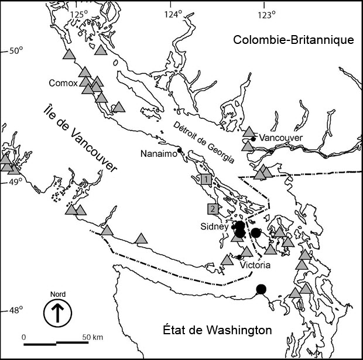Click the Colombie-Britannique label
click(x=293, y=40)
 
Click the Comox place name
click(x=63, y=83)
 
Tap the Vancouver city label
click(x=281, y=138)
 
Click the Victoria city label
click(x=255, y=265)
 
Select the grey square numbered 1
click(x=206, y=179)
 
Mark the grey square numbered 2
click(x=213, y=208)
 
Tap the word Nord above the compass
click(x=57, y=294)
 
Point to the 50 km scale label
click(x=92, y=337)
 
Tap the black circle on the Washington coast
click(x=261, y=289)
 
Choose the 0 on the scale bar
click(x=24, y=337)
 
